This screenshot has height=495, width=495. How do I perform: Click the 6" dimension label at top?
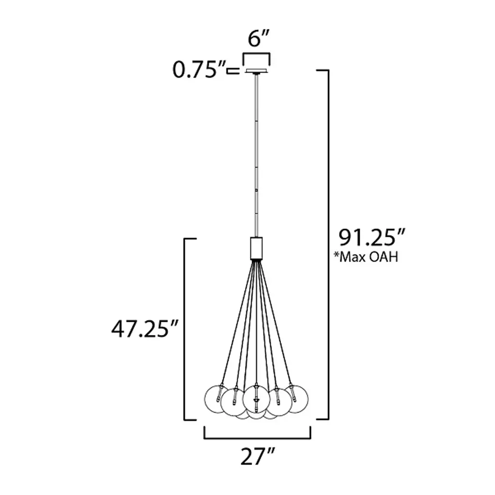[x=258, y=39]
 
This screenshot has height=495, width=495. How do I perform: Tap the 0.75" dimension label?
[x=199, y=70]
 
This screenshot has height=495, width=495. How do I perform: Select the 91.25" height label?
[x=371, y=237]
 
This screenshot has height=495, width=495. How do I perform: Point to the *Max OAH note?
[x=366, y=257]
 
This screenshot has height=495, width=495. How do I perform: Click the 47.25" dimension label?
[x=145, y=329]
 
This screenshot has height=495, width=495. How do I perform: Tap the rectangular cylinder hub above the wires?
[x=256, y=248]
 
